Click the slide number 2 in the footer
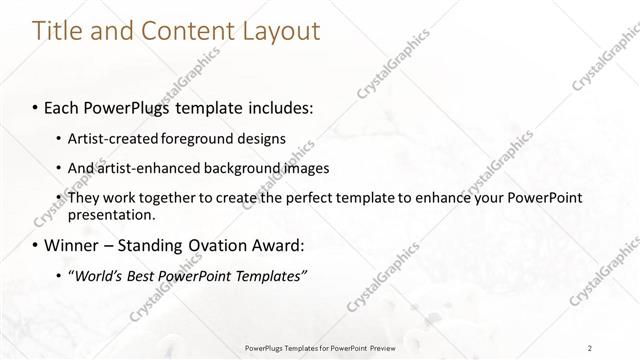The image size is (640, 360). point(591,348)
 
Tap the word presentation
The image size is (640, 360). point(111,214)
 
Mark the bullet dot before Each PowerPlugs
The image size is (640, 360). point(36,106)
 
